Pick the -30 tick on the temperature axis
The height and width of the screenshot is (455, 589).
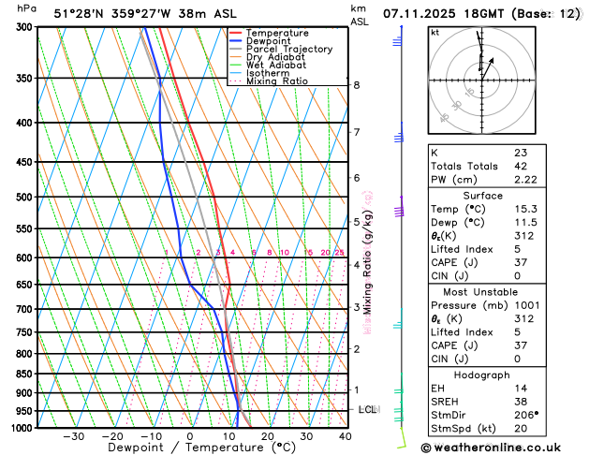pos(73,435)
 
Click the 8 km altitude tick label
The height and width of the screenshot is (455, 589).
pos(356,85)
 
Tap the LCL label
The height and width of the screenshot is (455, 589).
pos(368,410)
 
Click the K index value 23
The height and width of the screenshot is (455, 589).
pos(520,153)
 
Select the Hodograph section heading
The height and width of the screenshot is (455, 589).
pos(482,374)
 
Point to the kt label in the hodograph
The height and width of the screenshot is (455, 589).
pos(434,32)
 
